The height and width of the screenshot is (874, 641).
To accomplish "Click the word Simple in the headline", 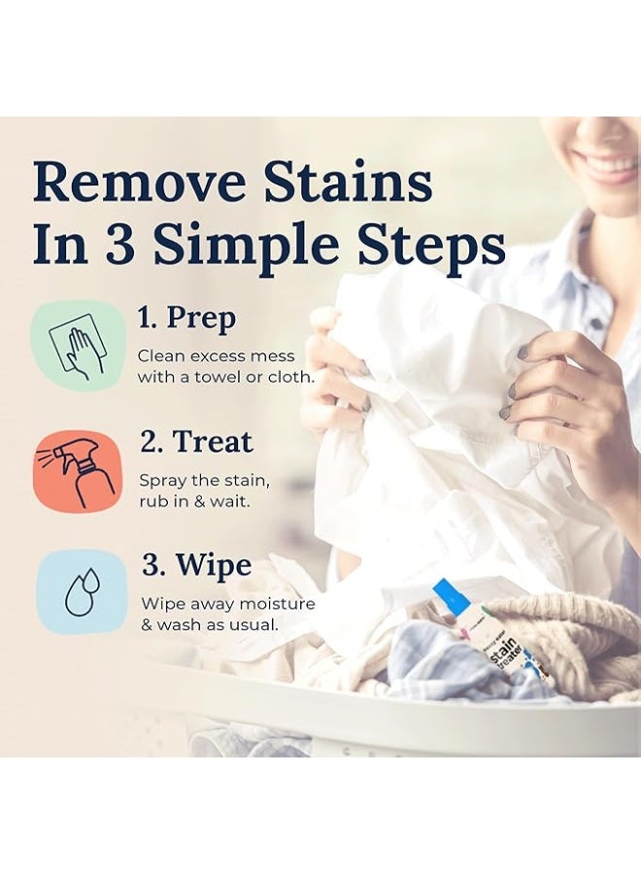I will point(247,247).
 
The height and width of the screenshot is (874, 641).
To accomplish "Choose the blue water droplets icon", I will point(82,592).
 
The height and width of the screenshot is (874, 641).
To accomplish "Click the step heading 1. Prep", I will point(186,319).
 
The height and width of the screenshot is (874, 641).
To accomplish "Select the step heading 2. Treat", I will point(195,442).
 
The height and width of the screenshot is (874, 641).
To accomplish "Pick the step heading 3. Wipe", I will point(196,566).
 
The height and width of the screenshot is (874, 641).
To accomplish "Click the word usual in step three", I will point(254,624).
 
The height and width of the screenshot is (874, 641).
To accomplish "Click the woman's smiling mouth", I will point(611,167).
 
